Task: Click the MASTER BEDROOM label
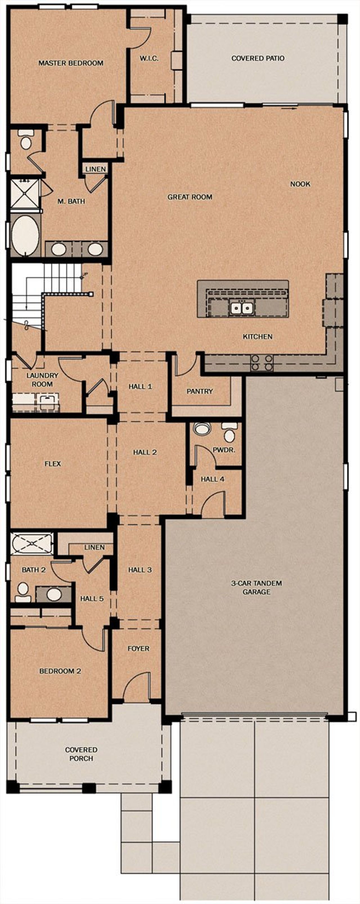click(71, 63)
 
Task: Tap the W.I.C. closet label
click(149, 58)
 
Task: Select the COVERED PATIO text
click(258, 58)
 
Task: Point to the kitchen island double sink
click(242, 308)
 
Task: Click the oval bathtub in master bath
click(25, 235)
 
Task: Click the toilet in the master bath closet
click(26, 140)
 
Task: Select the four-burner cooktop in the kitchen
click(261, 362)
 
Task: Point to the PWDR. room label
click(224, 450)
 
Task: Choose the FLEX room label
click(53, 464)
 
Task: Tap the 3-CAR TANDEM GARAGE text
click(256, 587)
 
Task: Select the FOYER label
click(138, 648)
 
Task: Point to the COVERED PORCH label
click(81, 754)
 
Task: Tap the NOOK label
click(300, 184)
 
